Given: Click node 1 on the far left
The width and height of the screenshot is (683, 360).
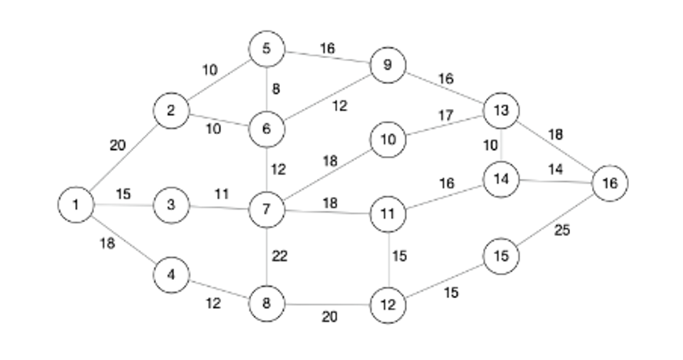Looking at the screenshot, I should tap(76, 205).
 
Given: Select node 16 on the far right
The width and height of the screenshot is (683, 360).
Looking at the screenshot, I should tap(610, 183).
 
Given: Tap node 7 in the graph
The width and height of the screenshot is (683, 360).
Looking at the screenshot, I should tap(267, 209).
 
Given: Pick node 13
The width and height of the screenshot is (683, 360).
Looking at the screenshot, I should tap(502, 110).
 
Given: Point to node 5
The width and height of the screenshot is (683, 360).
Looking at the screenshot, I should tap(267, 49).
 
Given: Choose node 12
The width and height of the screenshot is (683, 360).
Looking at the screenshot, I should tap(387, 304).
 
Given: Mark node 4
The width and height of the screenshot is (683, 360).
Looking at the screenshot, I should tap(172, 275).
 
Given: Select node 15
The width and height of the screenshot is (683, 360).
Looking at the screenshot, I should tap(502, 256).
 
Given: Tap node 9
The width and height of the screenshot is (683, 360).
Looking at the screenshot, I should tap(387, 65).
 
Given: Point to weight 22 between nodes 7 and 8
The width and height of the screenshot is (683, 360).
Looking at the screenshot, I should tap(280, 256).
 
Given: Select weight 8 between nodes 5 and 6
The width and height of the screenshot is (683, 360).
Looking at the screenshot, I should tap(275, 89).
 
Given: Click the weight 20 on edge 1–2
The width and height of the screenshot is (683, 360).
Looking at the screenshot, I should tap(118, 144).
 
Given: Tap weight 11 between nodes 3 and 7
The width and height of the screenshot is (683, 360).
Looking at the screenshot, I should tap(222, 192).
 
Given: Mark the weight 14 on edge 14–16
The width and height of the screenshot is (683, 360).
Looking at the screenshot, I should tap(555, 169).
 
